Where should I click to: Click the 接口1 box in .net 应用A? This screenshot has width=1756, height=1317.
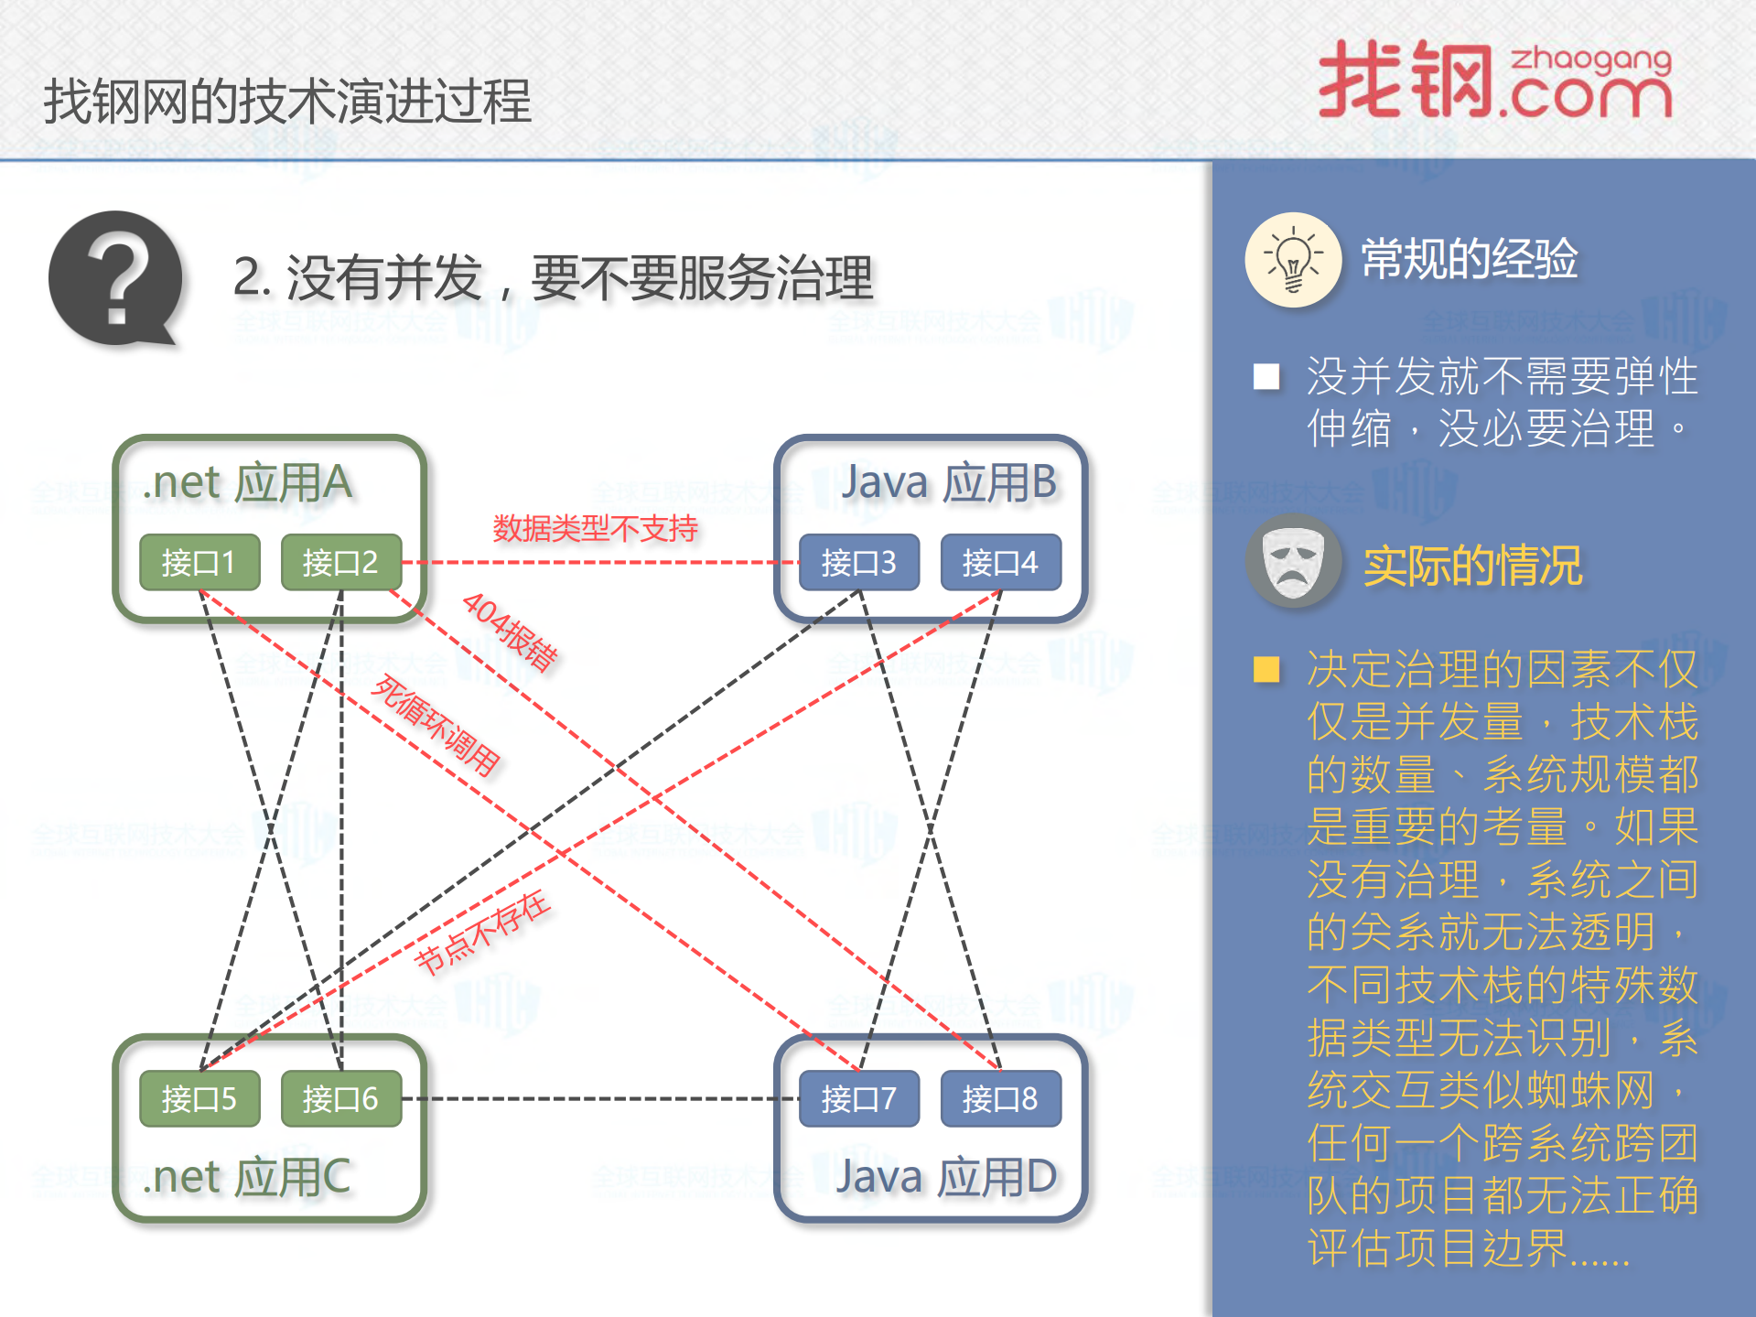click(x=199, y=562)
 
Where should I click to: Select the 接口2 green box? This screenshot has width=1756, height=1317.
click(x=340, y=562)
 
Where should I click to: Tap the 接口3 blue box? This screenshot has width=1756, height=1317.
click(x=858, y=562)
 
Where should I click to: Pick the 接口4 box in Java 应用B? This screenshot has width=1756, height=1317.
click(x=1000, y=562)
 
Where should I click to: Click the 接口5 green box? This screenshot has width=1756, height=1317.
click(x=199, y=1098)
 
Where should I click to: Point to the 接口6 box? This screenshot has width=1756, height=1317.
click(x=340, y=1098)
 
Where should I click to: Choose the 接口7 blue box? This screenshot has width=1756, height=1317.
click(x=858, y=1098)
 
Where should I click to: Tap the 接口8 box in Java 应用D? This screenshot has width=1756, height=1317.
click(x=1000, y=1098)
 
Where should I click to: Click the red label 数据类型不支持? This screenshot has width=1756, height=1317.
click(x=595, y=528)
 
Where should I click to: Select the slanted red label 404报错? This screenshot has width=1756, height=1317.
click(x=510, y=632)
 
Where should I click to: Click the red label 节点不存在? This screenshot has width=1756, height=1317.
click(x=482, y=933)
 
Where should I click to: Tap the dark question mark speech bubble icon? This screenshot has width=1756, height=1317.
click(x=116, y=279)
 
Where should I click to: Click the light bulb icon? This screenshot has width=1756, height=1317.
click(x=1293, y=260)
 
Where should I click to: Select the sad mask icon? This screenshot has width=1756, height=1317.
click(x=1293, y=560)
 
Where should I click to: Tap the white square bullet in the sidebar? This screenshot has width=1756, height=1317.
click(x=1266, y=376)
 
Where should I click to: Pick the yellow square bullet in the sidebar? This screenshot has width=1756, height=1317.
click(x=1266, y=669)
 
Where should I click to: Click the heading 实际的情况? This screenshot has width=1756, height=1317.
click(x=1472, y=566)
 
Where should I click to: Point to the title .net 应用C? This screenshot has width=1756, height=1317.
click(x=247, y=1177)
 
